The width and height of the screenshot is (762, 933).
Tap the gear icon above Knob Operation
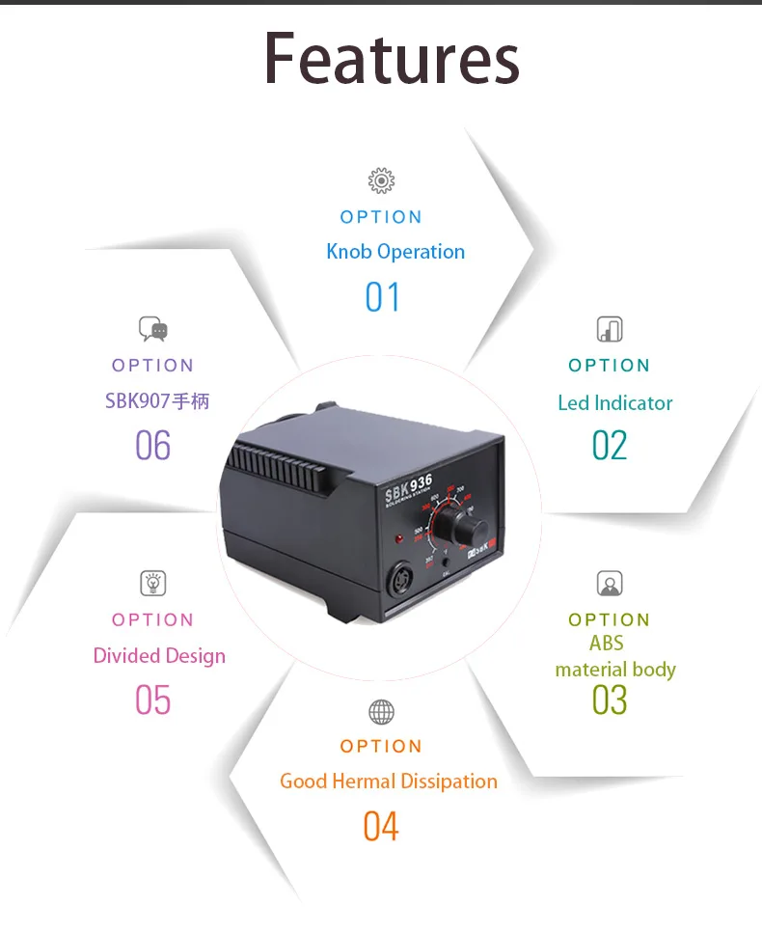click(x=381, y=180)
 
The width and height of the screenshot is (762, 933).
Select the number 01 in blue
click(x=382, y=297)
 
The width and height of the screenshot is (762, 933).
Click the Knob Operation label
click(x=395, y=252)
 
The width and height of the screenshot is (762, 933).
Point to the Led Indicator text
click(x=614, y=403)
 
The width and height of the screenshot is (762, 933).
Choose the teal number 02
click(x=610, y=446)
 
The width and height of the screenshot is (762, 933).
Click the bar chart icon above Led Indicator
click(x=610, y=329)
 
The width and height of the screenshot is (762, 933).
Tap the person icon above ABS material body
click(x=610, y=584)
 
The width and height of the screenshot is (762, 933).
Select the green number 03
click(x=610, y=700)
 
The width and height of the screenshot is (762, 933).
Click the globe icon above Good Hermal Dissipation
click(x=381, y=712)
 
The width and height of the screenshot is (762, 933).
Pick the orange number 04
click(x=381, y=827)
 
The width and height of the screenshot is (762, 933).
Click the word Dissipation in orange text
click(x=450, y=782)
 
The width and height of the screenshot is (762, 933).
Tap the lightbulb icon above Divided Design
click(x=152, y=583)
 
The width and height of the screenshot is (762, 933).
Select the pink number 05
click(x=152, y=700)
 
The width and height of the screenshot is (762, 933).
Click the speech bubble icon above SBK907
click(x=152, y=329)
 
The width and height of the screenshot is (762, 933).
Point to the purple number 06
click(x=152, y=446)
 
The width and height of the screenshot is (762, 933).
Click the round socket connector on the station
click(x=402, y=582)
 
